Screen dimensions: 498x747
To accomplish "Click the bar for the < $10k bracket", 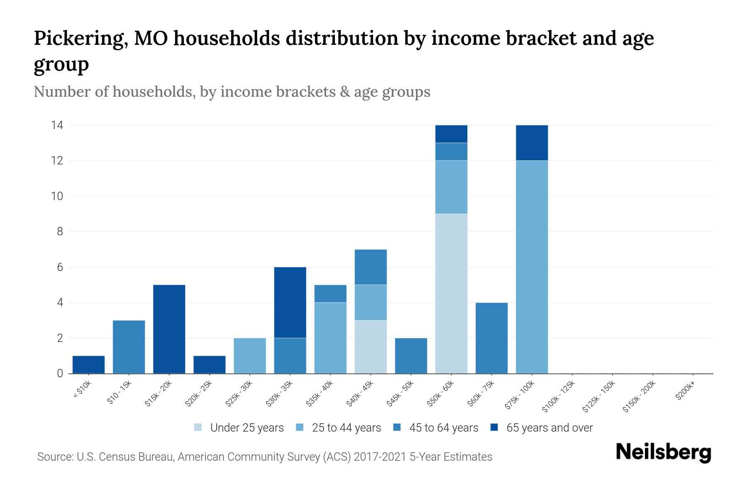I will pyautogui.click(x=88, y=364).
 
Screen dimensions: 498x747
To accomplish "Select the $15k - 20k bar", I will pyautogui.click(x=169, y=329).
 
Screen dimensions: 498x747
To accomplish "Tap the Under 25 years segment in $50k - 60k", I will pyautogui.click(x=451, y=293).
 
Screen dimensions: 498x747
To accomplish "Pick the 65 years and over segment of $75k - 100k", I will pyautogui.click(x=532, y=143).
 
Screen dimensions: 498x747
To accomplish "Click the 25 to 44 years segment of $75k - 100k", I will pyautogui.click(x=532, y=266).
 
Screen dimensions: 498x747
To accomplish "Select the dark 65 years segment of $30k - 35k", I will pyautogui.click(x=290, y=302).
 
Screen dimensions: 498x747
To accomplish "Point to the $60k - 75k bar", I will pyautogui.click(x=491, y=338).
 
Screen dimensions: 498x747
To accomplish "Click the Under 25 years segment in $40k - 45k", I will pyautogui.click(x=371, y=347).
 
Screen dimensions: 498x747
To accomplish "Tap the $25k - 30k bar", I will pyautogui.click(x=250, y=356).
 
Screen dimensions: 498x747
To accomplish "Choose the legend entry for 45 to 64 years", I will pyautogui.click(x=443, y=428).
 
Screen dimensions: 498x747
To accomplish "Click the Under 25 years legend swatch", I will pyautogui.click(x=198, y=427).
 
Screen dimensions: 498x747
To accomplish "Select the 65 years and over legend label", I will pyautogui.click(x=549, y=428).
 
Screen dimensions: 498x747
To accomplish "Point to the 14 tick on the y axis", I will pyautogui.click(x=57, y=125).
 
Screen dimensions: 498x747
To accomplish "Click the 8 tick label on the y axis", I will pyautogui.click(x=60, y=232).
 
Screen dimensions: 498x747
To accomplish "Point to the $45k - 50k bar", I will pyautogui.click(x=411, y=356).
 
